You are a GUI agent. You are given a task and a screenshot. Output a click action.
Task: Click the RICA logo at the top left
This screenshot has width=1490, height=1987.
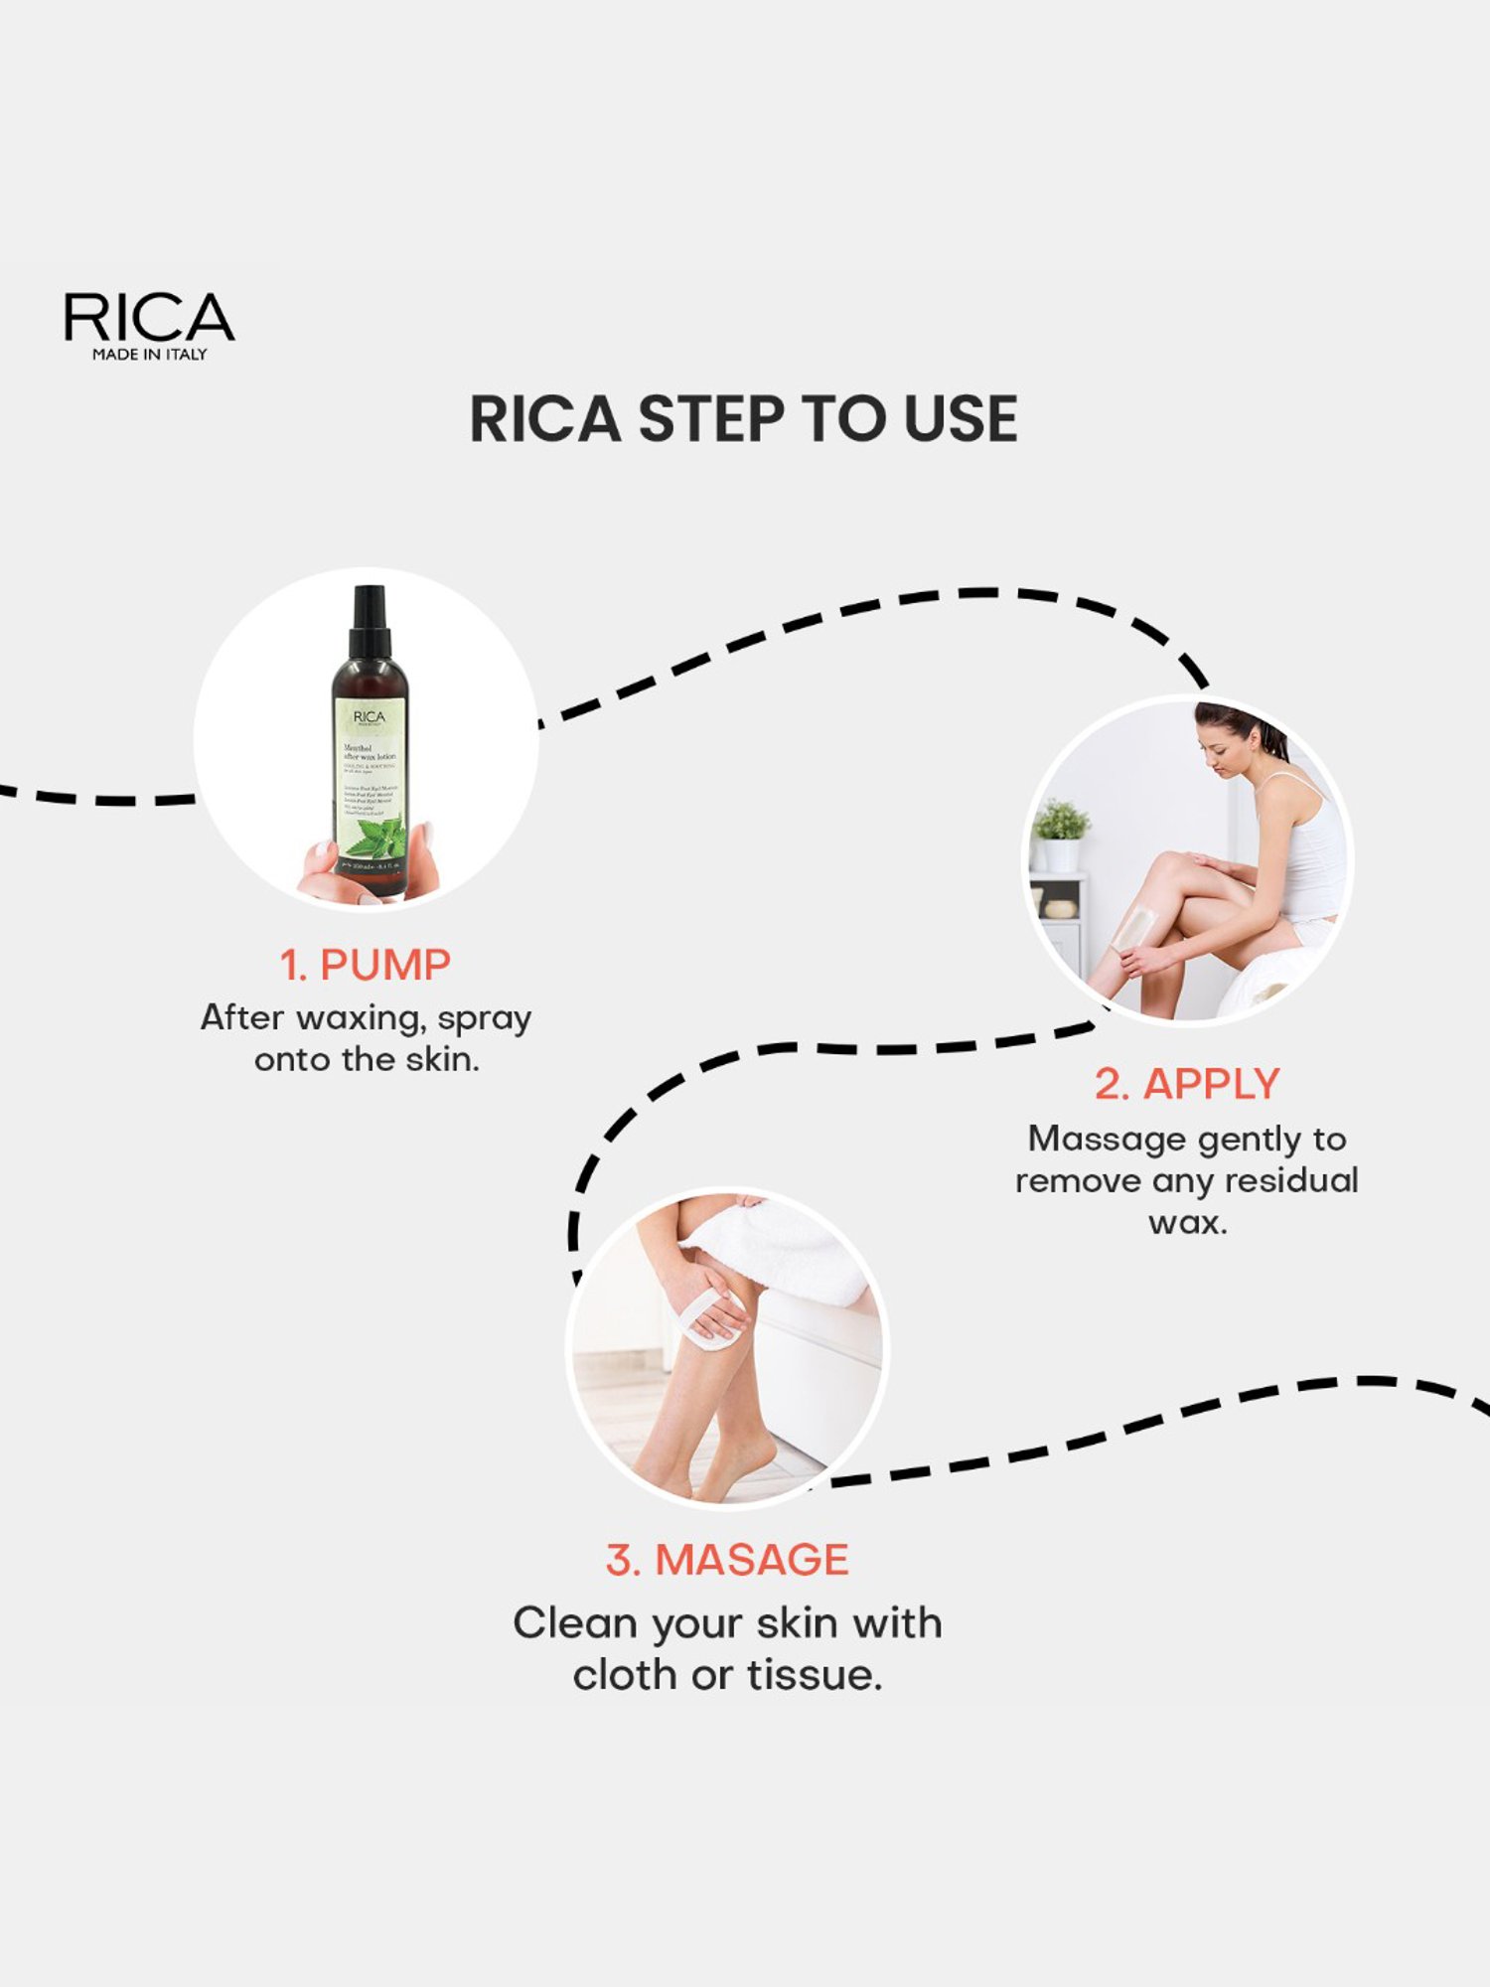(149, 318)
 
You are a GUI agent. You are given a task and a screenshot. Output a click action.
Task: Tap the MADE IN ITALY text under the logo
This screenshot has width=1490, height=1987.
(149, 355)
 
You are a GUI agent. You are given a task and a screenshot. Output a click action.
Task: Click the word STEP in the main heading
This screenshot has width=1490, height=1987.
(711, 419)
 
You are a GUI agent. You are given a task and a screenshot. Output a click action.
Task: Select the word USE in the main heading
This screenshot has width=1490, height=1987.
(960, 419)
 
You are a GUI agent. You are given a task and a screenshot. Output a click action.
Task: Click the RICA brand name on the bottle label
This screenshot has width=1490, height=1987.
(369, 716)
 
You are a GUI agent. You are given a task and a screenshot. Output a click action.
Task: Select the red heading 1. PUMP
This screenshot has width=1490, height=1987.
(365, 966)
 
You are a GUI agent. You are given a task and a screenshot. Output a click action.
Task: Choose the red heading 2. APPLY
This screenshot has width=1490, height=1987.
(1187, 1084)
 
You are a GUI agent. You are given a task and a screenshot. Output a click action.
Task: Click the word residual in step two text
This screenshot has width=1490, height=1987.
(1291, 1181)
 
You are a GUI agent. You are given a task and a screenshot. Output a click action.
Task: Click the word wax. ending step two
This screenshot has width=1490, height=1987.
(1188, 1222)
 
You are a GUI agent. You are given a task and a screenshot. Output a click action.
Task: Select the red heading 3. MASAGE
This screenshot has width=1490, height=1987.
(727, 1560)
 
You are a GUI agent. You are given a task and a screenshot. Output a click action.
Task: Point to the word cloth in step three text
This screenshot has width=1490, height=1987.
(627, 1676)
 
